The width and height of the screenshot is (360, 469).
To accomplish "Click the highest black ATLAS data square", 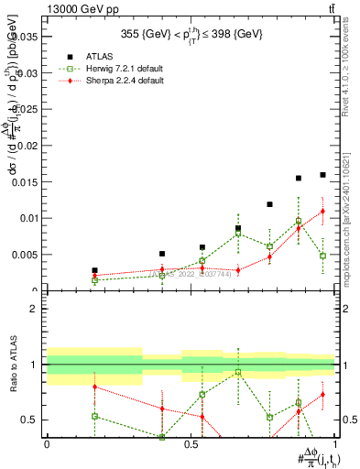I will point(322,174).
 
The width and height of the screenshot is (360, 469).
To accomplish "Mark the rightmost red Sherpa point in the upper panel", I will point(322,212).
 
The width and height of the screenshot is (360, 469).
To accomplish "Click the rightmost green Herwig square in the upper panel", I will point(322,256).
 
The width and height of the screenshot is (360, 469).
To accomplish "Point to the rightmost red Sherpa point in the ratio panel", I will point(322,395).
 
